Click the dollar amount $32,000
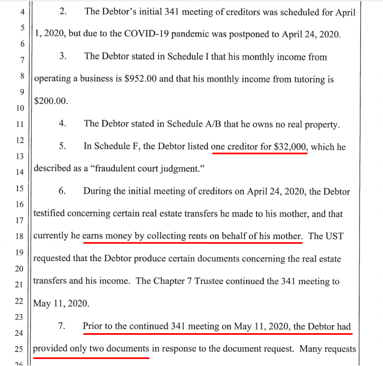289,146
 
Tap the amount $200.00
51,101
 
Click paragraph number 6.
62,191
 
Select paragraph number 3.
62,56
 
